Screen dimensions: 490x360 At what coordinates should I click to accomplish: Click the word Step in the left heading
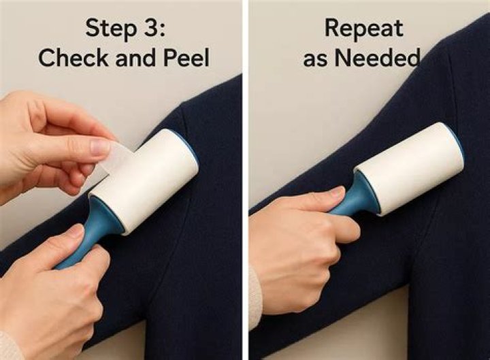pos(111,29)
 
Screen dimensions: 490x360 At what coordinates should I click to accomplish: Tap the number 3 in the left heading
pos(150,27)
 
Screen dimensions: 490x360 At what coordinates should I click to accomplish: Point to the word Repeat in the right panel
pos(363,29)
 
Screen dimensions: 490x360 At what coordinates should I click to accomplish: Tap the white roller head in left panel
pos(146,180)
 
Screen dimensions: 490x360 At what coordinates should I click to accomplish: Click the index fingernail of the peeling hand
pos(100,147)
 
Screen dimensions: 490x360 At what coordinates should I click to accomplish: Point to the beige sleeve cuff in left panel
pos(11,346)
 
